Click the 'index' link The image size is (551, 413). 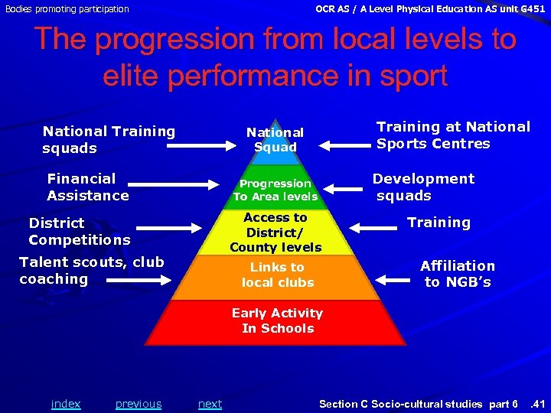66,404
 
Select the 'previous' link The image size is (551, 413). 139,404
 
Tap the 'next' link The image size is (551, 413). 210,404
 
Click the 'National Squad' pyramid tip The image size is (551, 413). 275,140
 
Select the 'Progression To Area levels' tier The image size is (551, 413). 275,190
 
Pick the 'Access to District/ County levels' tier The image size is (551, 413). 275,233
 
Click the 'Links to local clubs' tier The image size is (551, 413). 277,275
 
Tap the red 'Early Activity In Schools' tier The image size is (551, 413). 277,320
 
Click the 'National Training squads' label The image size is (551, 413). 109,140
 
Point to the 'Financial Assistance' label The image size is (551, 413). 87,187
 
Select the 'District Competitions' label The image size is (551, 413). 79,232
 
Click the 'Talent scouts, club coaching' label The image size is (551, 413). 91,271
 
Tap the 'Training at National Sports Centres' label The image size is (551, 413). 453,135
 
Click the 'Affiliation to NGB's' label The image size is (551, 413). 458,274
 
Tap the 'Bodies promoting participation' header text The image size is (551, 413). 67,9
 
